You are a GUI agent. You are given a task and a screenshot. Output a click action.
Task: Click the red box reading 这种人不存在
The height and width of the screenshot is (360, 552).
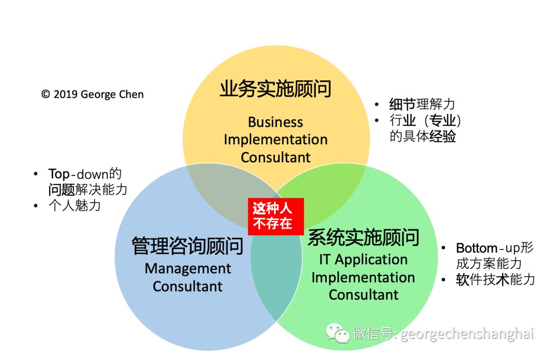coord(275,216)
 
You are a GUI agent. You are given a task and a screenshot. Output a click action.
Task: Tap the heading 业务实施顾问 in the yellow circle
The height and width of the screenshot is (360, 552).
coord(275,89)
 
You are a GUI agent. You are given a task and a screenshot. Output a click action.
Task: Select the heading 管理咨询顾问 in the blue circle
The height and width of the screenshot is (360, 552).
coord(187,246)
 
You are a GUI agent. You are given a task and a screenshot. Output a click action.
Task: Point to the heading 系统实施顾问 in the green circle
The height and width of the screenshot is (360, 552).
coord(363,238)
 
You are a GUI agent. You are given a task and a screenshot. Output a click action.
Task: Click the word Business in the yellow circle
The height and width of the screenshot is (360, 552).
coord(275,122)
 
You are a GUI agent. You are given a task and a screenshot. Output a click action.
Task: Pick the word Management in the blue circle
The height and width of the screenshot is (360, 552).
coord(188,268)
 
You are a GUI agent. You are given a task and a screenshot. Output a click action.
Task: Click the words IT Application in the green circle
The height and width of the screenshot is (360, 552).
coord(363,260)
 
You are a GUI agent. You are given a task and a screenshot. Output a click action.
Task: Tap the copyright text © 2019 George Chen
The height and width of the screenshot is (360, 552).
coord(93,95)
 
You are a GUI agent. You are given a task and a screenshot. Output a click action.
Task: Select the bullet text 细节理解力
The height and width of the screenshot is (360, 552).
coord(422,105)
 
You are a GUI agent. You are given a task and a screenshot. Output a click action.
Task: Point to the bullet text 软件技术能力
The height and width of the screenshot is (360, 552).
coord(495,280)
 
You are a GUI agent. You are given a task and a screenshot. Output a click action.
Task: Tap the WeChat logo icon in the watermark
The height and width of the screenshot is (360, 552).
coord(338,333)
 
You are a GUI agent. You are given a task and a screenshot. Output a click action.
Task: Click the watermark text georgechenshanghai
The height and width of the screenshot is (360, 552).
coord(467,334)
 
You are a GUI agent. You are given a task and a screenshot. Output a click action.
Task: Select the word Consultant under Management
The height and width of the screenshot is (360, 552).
coord(188,286)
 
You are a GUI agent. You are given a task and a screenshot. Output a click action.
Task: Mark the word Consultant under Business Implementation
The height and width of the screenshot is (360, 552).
coord(275,157)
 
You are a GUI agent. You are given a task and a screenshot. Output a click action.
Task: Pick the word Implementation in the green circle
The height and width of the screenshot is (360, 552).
coord(363,277)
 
